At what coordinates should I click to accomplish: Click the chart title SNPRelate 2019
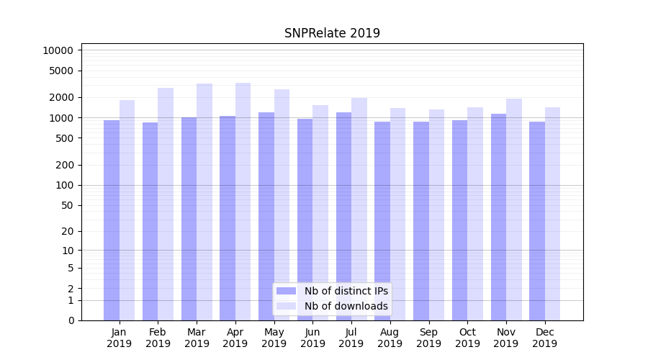click(332, 33)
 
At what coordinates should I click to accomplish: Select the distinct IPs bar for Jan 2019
click(112, 220)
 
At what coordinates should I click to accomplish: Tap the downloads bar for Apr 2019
click(243, 202)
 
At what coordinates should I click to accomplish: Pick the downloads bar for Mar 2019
click(204, 202)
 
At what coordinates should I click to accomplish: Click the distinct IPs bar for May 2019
click(266, 216)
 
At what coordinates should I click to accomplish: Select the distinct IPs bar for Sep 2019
click(421, 220)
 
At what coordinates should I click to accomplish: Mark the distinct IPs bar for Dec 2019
click(537, 220)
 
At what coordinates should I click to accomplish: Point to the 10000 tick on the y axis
click(58, 50)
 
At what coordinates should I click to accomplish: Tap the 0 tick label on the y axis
click(71, 320)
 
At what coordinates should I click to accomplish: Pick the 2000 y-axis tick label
click(61, 97)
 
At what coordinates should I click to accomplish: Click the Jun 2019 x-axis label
click(312, 338)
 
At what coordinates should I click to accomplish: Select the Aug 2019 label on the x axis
click(390, 338)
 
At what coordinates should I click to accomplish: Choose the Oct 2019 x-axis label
click(467, 338)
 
